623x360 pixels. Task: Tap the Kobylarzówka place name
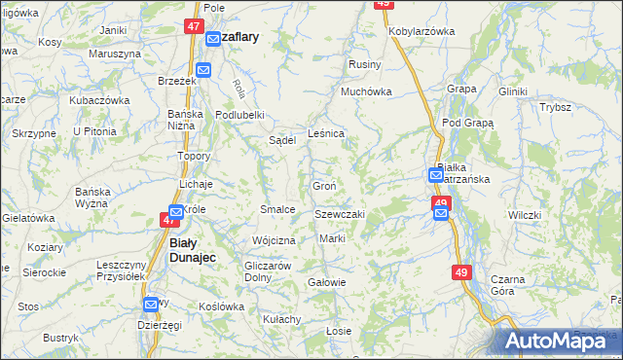coord(421,31)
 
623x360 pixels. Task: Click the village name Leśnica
coord(325,133)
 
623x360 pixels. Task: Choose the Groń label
coord(324,186)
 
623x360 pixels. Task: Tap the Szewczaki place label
coord(340,214)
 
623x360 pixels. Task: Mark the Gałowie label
coord(326,282)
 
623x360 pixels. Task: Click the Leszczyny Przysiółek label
coord(121,270)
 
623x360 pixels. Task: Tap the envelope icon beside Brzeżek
coord(202,70)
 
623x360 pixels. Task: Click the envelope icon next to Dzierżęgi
coord(151,305)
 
